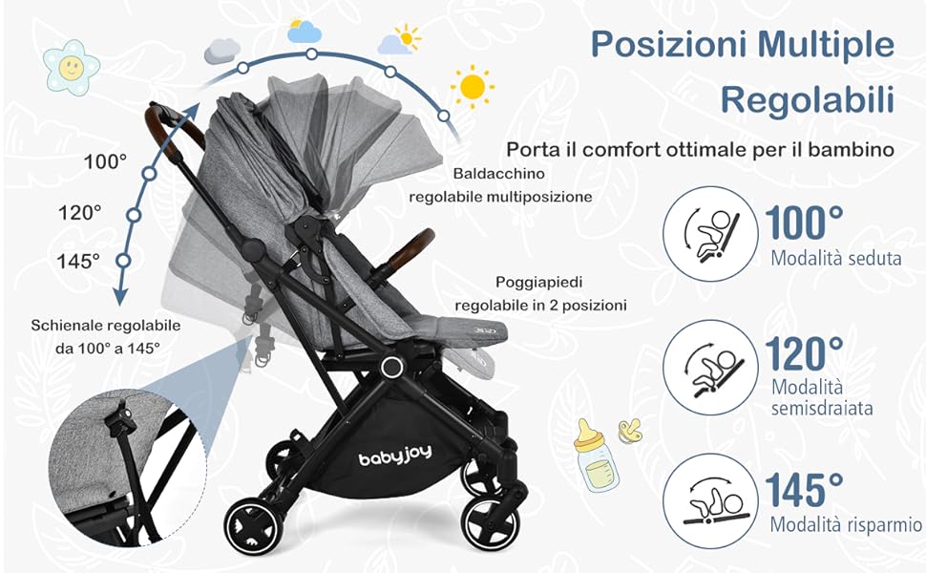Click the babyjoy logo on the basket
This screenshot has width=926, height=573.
click(395, 456)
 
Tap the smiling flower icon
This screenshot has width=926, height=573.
click(72, 68)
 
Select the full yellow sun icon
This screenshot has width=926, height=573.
click(473, 87)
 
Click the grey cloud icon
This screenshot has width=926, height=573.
click(222, 51)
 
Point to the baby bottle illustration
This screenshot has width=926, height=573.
click(596, 456)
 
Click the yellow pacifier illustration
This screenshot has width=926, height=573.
click(630, 432)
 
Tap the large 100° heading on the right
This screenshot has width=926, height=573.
click(805, 223)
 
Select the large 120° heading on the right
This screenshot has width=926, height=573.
click(805, 354)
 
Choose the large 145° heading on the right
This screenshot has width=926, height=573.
click(805, 489)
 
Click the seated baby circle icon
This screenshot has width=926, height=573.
click(710, 234)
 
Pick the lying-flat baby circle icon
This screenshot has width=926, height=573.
click(710, 501)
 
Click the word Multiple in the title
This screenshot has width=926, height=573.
click(826, 45)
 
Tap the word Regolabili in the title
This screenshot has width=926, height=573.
click(808, 99)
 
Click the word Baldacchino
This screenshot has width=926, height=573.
click(499, 174)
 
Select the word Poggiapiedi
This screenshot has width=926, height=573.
click(539, 283)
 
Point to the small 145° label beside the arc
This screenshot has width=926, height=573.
click(78, 261)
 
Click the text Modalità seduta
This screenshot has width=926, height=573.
click(836, 258)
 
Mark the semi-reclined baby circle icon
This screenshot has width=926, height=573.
click(710, 368)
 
